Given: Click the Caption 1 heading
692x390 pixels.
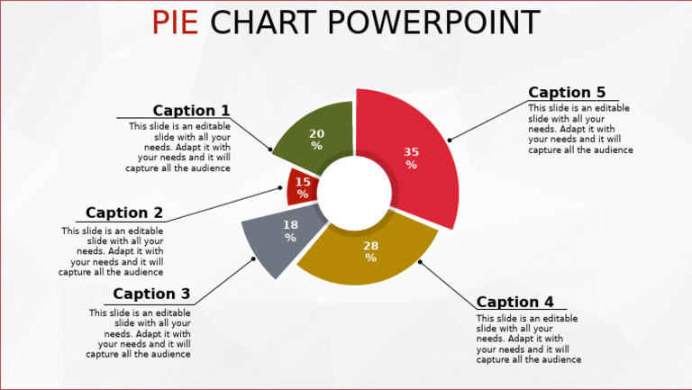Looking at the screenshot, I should click(x=191, y=111).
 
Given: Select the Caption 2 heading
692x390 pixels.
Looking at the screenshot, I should click(x=124, y=213).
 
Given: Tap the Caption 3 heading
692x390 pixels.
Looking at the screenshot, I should click(x=151, y=294).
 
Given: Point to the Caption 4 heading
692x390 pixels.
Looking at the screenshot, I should click(x=515, y=302).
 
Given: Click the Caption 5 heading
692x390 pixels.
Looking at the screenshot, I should click(x=567, y=92).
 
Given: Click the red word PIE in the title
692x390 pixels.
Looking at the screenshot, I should click(x=175, y=22).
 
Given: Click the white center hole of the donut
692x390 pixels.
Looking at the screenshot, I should click(x=353, y=191).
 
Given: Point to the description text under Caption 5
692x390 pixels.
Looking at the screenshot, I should click(x=579, y=129).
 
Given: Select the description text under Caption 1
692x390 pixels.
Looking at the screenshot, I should click(x=179, y=147).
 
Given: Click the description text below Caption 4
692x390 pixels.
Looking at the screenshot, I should click(x=528, y=339).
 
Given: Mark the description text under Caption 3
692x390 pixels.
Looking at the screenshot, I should click(x=140, y=333).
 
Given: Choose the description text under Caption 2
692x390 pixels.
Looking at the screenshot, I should click(x=113, y=251).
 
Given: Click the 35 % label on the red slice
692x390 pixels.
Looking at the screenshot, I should click(x=411, y=159).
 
